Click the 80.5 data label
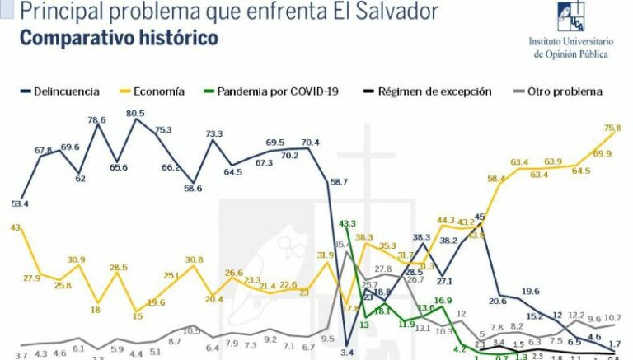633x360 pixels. click(135, 114)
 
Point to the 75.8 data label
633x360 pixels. click(612, 128)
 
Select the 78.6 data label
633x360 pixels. click(97, 120)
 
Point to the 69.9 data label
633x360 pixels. click(603, 154)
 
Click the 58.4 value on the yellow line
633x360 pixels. click(496, 179)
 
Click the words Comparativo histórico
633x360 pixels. click(119, 38)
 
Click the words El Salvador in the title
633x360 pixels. click(383, 12)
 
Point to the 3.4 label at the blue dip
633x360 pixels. click(347, 353)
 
